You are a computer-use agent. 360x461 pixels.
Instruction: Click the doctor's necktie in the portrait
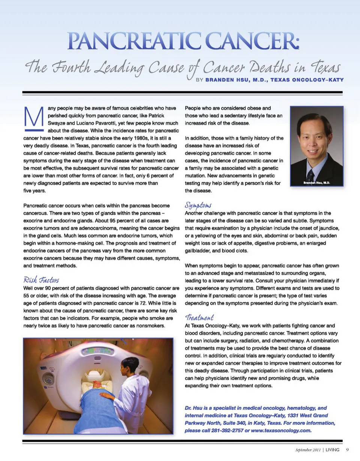tap(310, 175)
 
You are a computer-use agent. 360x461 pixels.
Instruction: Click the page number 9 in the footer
tap(347, 449)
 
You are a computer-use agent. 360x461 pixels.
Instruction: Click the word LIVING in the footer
tap(333, 450)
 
